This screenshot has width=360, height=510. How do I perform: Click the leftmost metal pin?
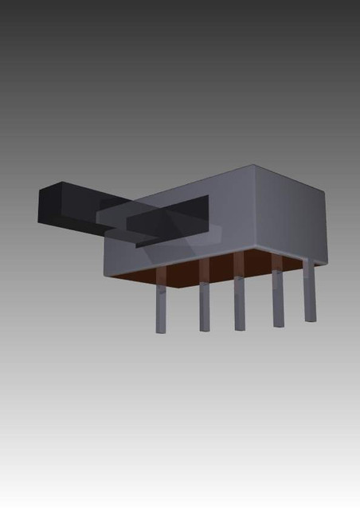coord(162,307)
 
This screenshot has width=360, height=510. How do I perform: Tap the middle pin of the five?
coord(239,301)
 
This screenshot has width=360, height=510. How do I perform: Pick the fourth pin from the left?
coord(278,299)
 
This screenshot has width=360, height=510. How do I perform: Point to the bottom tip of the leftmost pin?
coord(162,330)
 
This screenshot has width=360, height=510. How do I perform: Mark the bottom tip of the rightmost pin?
coord(310,320)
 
